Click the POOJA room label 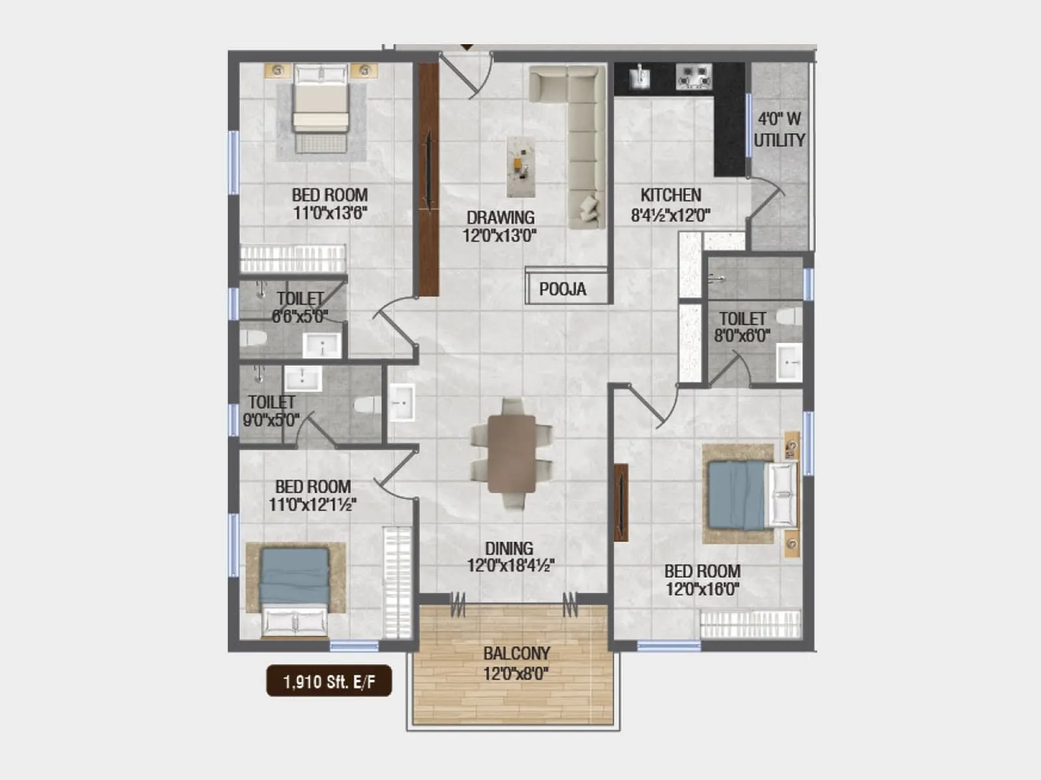click(563, 289)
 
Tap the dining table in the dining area click(512, 453)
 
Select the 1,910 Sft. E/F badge click(329, 681)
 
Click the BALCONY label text click(517, 653)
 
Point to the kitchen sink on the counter click(640, 77)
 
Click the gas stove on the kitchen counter click(694, 77)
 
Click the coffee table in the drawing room click(521, 166)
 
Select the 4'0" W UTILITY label click(779, 129)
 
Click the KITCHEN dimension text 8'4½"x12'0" click(670, 216)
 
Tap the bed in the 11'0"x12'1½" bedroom click(295, 588)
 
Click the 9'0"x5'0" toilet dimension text click(271, 420)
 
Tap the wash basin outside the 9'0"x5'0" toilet click(401, 403)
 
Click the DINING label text click(509, 548)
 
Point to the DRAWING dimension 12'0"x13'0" click(500, 235)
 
